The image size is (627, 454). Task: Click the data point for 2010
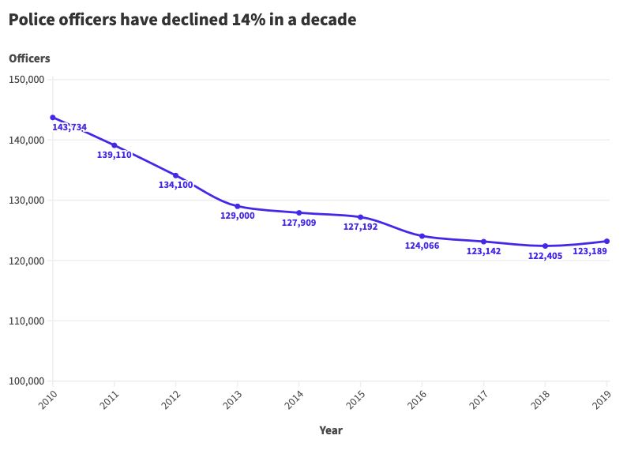pyautogui.click(x=53, y=118)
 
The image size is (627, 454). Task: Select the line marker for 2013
pyautogui.click(x=238, y=206)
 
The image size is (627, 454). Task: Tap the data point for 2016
pyautogui.click(x=422, y=236)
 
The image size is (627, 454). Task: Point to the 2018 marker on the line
pyautogui.click(x=545, y=246)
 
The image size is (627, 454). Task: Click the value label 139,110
pyautogui.click(x=115, y=155)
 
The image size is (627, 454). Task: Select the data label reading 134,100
pyautogui.click(x=175, y=185)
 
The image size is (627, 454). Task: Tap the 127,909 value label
pyautogui.click(x=298, y=223)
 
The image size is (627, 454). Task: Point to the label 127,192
pyautogui.click(x=360, y=227)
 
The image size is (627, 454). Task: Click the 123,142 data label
pyautogui.click(x=483, y=251)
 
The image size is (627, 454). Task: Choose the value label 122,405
pyautogui.click(x=545, y=256)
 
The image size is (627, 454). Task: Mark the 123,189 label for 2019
pyautogui.click(x=590, y=251)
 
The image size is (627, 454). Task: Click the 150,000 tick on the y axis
pyautogui.click(x=26, y=80)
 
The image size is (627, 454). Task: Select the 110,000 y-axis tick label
pyautogui.click(x=26, y=321)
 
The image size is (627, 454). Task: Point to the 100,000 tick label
pyautogui.click(x=26, y=381)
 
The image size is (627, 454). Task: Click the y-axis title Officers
pyautogui.click(x=29, y=58)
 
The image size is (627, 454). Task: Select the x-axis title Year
pyautogui.click(x=331, y=430)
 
